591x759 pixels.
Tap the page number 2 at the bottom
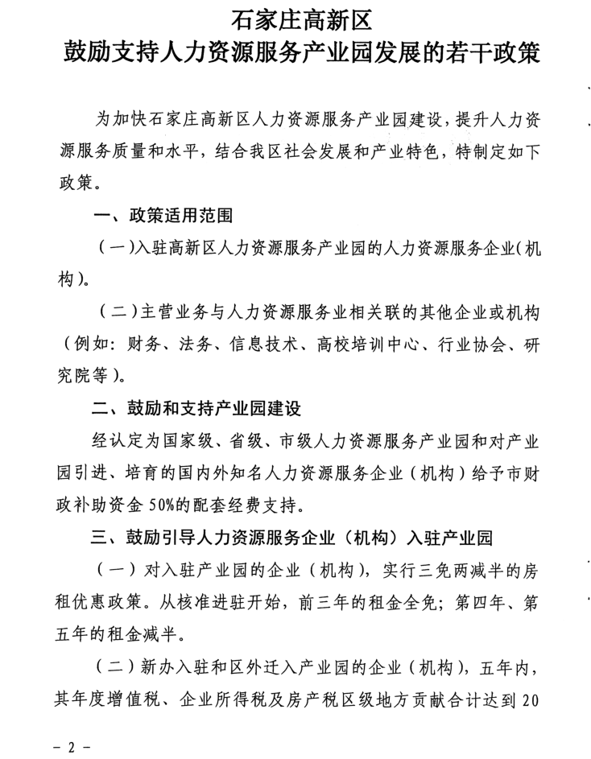(70, 746)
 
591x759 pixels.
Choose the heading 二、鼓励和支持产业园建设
(196, 409)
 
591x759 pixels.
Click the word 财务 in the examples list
(146, 346)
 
